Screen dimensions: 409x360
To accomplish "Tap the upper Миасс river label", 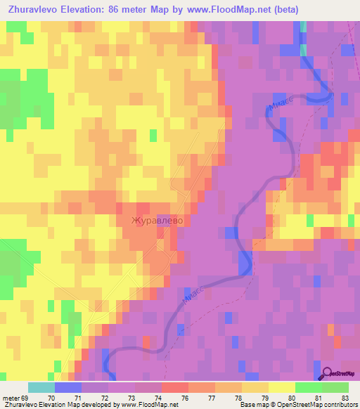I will pyautogui.click(x=278, y=105).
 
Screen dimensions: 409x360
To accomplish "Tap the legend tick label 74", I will pyautogui.click(x=157, y=398).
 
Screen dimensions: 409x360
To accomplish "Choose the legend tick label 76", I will pyautogui.click(x=185, y=398).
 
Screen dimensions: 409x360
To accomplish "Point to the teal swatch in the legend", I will pyautogui.click(x=41, y=387).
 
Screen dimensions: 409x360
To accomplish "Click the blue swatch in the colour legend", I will pyautogui.click(x=68, y=387).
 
